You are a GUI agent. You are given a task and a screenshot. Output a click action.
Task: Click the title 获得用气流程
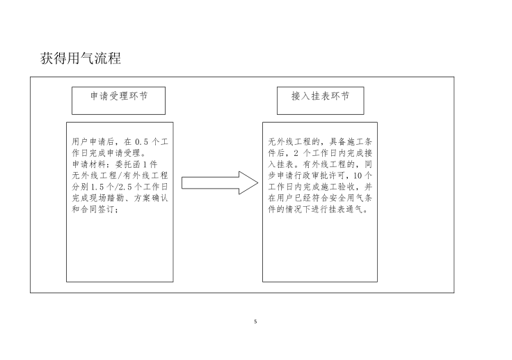tap(81, 58)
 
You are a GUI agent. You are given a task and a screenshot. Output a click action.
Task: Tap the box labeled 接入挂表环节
tap(319, 97)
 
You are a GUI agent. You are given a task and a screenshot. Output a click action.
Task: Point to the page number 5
tap(256, 322)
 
